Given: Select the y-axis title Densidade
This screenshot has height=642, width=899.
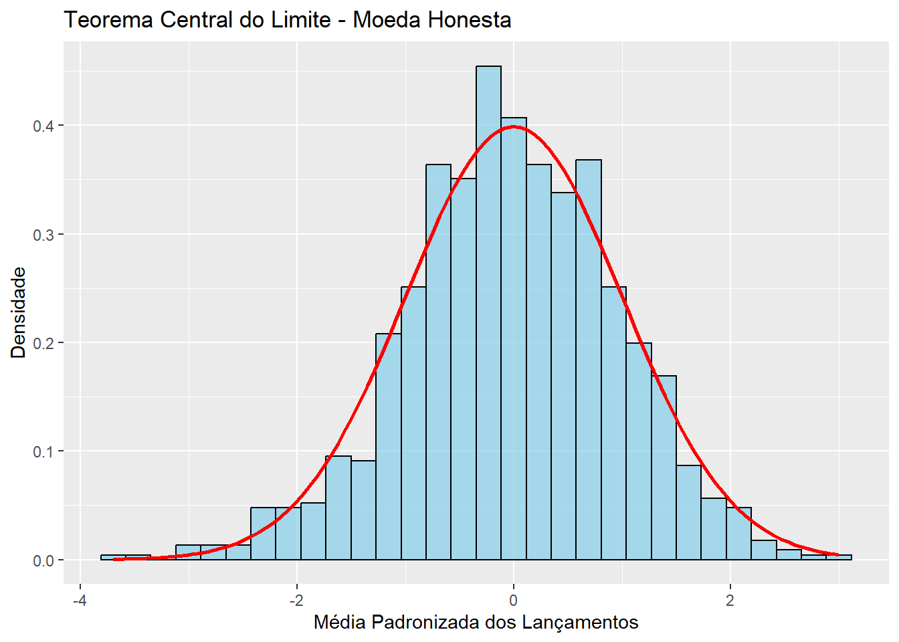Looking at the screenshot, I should [19, 312].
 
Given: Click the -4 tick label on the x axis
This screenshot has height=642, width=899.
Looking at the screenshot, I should [79, 600].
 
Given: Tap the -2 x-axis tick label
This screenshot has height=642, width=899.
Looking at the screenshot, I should [296, 600].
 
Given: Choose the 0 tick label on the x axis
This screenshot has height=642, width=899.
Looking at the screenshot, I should [514, 600].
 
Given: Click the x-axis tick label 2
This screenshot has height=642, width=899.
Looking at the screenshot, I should [730, 600].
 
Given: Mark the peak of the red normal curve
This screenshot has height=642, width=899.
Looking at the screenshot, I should [514, 126].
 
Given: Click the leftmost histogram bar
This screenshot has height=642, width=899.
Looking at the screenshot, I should [113, 557].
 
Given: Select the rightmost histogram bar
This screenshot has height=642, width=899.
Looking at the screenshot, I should [839, 557].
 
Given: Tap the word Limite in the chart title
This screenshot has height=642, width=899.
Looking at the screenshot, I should [300, 20].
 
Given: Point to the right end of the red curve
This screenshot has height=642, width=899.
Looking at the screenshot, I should [837, 554].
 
